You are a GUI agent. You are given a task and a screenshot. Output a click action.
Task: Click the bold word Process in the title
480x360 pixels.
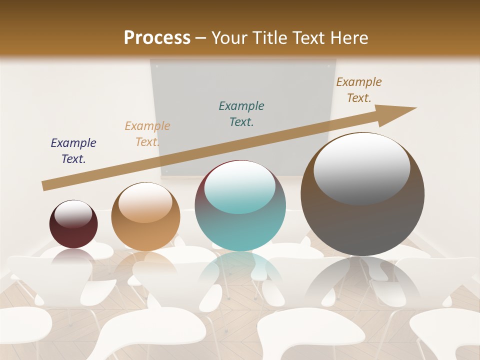point(157,38)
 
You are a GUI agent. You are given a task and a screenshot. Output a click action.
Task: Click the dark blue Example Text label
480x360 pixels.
point(73,150)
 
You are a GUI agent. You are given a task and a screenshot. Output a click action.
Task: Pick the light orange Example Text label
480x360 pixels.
point(147,133)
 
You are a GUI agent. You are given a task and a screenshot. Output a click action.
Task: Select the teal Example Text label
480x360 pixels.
point(241,113)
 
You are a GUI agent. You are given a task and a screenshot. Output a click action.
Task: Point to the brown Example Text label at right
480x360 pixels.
point(359,89)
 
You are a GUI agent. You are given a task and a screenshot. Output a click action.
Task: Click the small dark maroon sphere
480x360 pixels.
point(73,230)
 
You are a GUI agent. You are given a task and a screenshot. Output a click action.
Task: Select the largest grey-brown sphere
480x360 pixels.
point(362,220)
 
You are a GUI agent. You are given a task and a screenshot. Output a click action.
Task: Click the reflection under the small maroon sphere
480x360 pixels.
point(73,257)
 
